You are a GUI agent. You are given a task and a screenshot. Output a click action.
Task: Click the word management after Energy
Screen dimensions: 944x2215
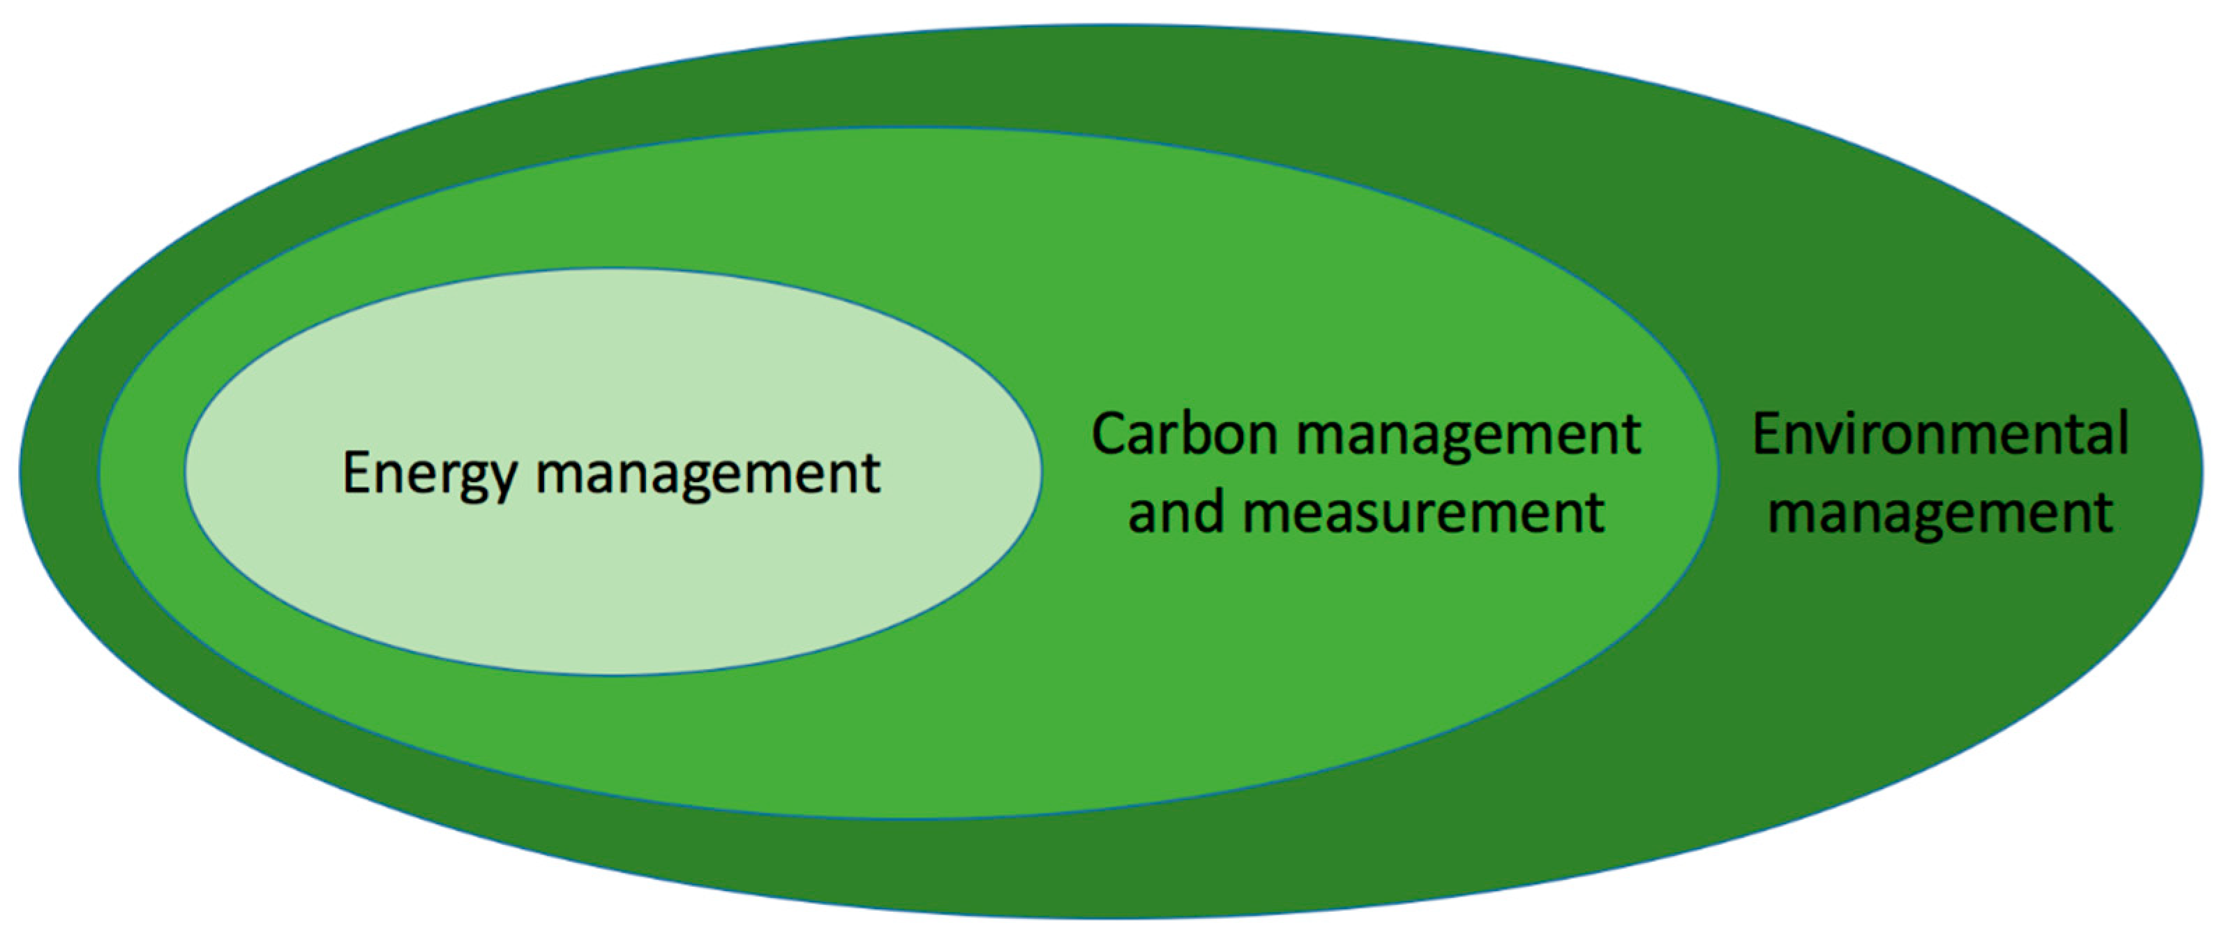[707, 474]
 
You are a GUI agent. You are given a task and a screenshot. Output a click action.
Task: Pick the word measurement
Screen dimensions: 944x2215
[1423, 512]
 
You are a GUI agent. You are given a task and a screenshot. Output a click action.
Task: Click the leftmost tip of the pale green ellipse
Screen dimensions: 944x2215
[186, 472]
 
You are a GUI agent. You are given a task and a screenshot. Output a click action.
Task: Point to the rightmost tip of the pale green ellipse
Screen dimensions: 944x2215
[1042, 472]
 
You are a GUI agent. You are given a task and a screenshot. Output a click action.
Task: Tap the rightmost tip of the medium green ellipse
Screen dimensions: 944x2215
[1719, 472]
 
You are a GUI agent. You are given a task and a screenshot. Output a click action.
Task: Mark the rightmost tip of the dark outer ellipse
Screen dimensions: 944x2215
[2203, 472]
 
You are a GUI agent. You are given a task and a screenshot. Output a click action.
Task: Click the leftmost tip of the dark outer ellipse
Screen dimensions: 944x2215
[20, 472]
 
